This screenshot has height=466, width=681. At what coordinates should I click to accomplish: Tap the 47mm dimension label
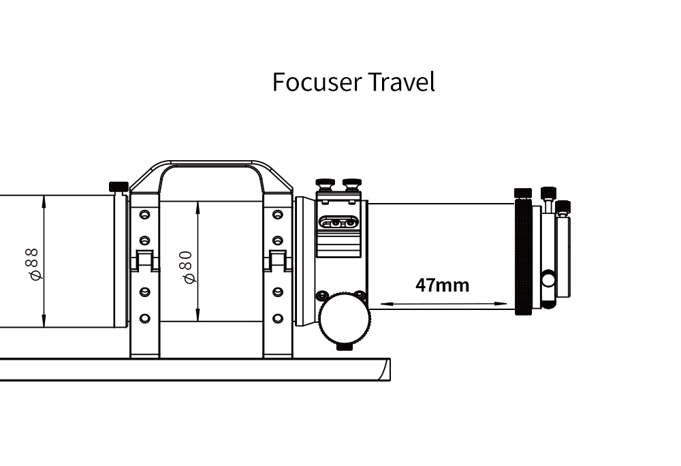pos(442,285)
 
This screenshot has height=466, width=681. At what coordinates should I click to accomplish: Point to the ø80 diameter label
pos(188,267)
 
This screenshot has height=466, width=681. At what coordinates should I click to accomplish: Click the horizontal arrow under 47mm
pos(443,304)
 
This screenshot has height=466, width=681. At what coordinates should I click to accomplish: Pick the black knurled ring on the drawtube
pos(523,255)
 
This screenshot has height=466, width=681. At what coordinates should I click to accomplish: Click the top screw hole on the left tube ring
pos(144,215)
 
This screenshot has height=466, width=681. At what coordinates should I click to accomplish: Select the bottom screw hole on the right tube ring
pos(278,319)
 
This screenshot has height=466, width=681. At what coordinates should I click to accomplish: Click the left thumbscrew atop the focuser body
pos(326,184)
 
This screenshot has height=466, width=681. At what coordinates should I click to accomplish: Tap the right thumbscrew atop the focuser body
pos(352,184)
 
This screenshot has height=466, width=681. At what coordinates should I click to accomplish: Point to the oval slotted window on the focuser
pos(338,223)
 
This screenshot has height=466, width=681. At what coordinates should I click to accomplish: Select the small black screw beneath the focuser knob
pos(345,347)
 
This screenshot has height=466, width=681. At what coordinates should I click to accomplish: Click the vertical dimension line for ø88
pos(44,261)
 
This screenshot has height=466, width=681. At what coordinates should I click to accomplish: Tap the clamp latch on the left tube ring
pos(145,260)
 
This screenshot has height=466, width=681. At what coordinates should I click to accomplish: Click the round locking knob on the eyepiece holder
pos(548,279)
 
